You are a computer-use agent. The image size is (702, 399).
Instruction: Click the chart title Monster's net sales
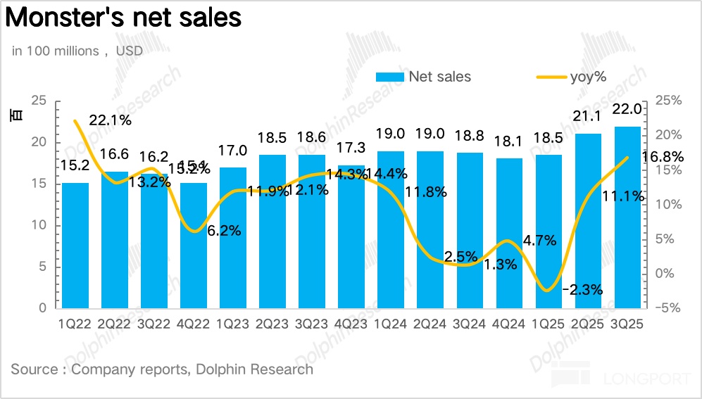[x=124, y=18]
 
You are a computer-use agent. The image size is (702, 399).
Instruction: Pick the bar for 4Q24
[x=509, y=233]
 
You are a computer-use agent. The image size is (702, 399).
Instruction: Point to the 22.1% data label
[x=111, y=120]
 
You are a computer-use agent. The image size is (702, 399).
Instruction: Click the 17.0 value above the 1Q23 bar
[x=233, y=150]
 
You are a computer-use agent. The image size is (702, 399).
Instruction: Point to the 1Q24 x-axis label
[x=391, y=324]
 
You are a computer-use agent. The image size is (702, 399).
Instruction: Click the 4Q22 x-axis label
[x=194, y=324]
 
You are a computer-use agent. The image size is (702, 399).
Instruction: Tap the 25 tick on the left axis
[x=39, y=101]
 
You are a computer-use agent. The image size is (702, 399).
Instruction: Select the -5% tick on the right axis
[x=667, y=308]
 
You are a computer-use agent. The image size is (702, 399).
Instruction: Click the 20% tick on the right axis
[x=667, y=135]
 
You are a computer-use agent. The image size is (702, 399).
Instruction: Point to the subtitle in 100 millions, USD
[x=77, y=51]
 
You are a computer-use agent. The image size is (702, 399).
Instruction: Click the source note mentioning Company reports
[x=162, y=369]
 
